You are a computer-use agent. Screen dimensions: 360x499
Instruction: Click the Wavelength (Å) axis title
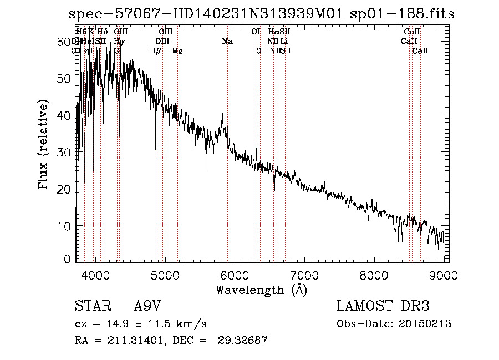(261, 289)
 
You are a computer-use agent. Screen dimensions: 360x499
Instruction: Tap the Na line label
(227, 41)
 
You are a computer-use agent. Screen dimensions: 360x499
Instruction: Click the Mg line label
(177, 50)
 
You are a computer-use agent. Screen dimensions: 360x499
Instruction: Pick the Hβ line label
(156, 50)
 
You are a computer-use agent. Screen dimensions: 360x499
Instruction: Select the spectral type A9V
(147, 306)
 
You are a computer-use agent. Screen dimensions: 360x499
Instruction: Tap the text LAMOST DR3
(383, 306)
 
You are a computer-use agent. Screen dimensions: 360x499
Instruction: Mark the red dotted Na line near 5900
(227, 166)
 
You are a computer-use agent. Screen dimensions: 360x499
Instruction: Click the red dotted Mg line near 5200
(177, 166)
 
